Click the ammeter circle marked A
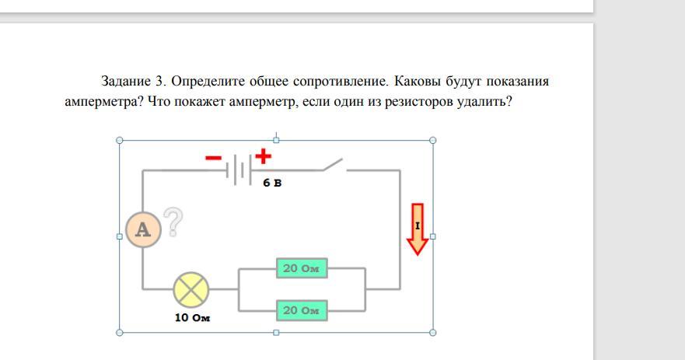point(143,229)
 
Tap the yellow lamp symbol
point(191,289)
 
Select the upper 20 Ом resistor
point(302,267)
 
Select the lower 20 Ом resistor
point(302,310)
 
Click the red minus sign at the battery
point(213,158)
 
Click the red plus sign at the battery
point(263,156)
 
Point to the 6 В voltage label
point(272,183)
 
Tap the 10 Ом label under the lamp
point(192,317)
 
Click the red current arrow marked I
point(418,229)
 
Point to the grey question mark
point(173,222)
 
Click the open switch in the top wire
point(334,165)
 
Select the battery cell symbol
point(239,170)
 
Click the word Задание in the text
point(126,82)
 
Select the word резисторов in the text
point(419,102)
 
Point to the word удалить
point(484,102)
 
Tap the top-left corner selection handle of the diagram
point(120,140)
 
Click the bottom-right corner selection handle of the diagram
point(433,333)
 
